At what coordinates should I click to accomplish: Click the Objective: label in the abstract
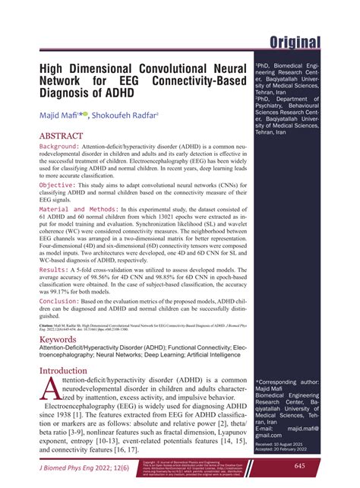[56, 184]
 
